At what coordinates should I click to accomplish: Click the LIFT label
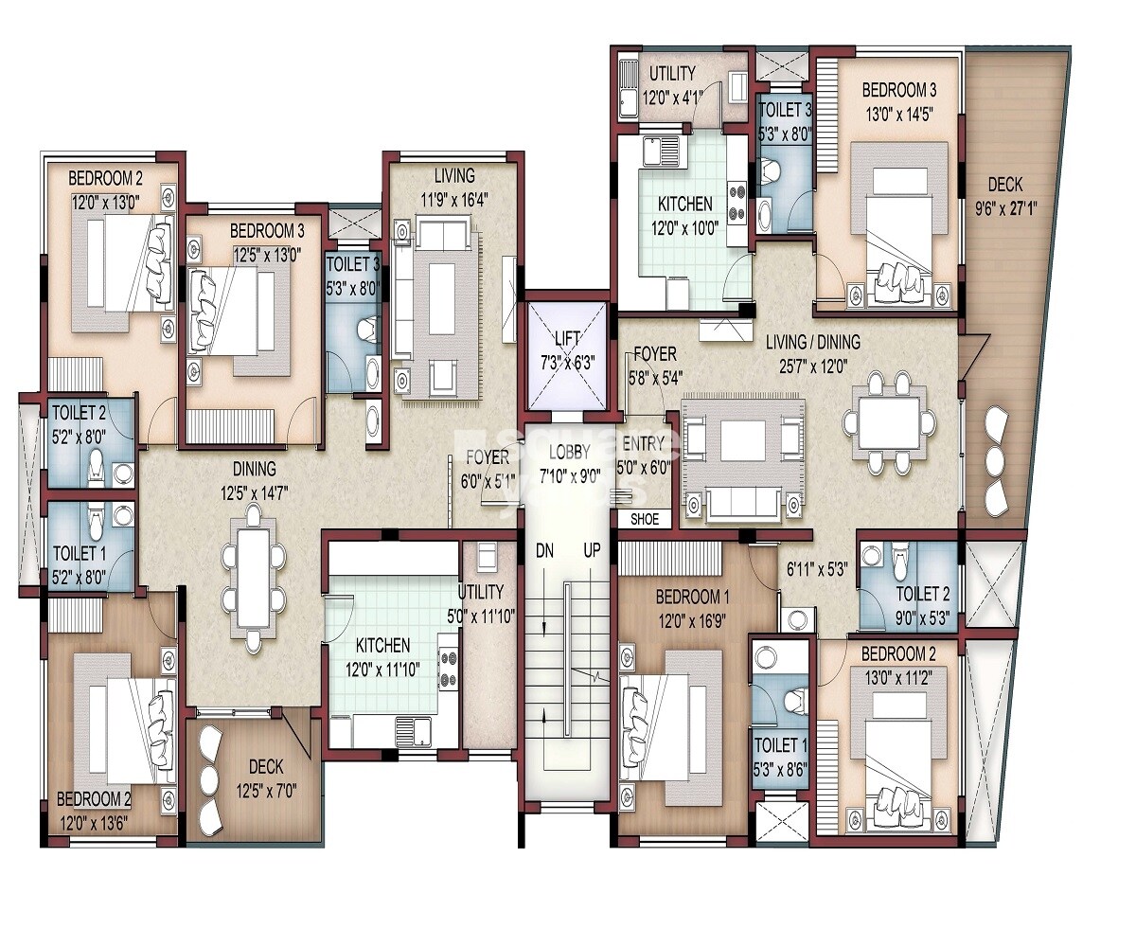pos(567,338)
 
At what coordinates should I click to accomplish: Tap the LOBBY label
pos(569,452)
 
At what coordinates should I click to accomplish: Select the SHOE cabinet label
pos(645,519)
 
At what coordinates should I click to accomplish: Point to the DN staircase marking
pos(544,551)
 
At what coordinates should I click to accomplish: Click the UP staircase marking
pos(592,550)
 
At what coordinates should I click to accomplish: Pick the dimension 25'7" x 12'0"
pos(814,366)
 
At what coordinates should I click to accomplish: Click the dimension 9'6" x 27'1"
pos(1006,209)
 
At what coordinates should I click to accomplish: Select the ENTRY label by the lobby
pos(643,443)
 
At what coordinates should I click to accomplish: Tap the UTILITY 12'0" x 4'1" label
pos(673,85)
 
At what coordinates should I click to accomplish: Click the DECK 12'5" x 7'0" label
pos(266,778)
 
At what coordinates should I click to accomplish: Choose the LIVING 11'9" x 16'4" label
pos(454,188)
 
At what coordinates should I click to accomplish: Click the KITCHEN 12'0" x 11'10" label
pos(382,657)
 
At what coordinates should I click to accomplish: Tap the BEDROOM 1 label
pos(692,597)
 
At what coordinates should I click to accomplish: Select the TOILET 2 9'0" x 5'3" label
pos(923,606)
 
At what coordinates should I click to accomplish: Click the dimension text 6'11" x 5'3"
pos(816,570)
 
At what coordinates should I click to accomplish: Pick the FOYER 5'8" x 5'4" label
pos(655,366)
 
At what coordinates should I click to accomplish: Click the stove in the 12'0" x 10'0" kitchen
pos(737,202)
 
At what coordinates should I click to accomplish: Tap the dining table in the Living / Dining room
pos(890,422)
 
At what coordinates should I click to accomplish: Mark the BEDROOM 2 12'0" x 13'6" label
pos(94,811)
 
